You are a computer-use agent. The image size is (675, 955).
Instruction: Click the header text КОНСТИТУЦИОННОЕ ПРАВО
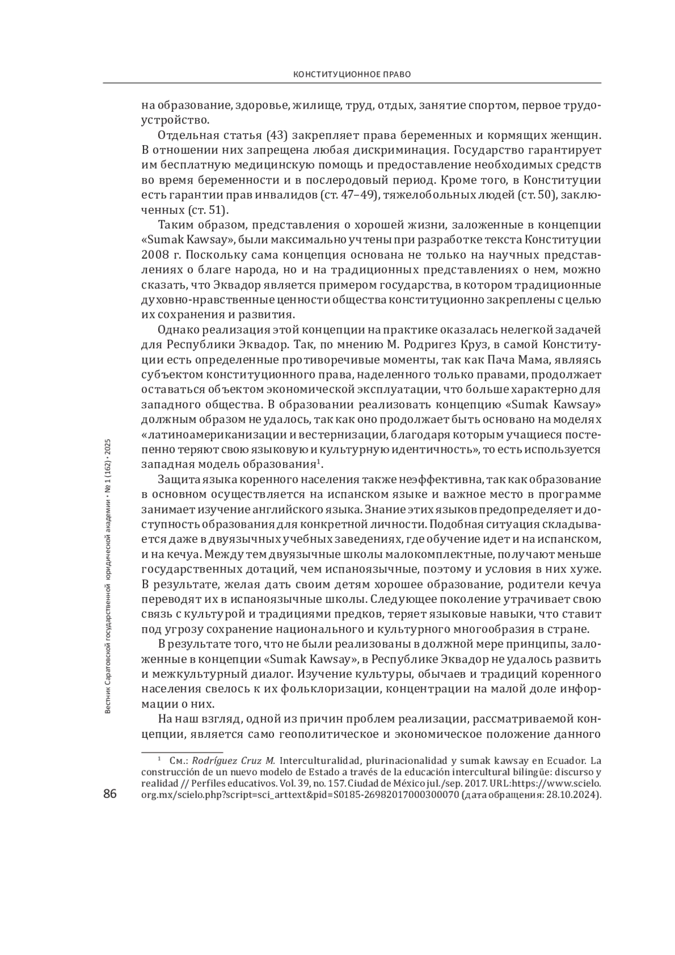coord(352,74)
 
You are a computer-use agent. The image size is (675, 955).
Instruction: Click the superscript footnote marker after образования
coord(318,462)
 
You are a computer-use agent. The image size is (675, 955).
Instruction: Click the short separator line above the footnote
coord(181,750)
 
